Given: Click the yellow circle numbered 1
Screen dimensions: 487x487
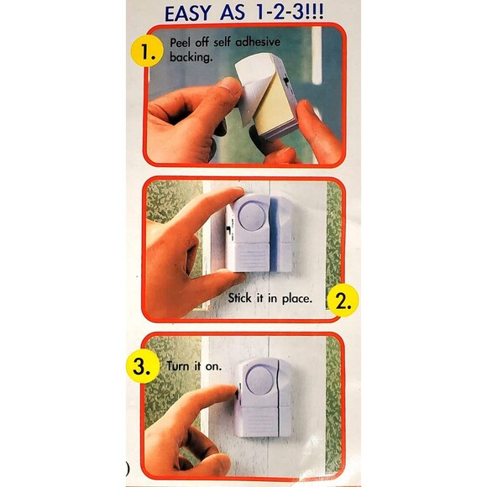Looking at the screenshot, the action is [x=147, y=51].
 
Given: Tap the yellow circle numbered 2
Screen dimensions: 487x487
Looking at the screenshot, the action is [x=343, y=301].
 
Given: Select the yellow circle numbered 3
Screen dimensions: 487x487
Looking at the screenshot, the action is [x=143, y=366].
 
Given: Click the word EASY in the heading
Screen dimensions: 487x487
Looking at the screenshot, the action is [x=187, y=14].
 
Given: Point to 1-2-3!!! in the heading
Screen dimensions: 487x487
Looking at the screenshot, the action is [x=289, y=13].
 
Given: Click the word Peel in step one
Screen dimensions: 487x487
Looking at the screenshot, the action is [x=181, y=43].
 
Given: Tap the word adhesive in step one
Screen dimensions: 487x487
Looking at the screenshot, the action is [x=258, y=42].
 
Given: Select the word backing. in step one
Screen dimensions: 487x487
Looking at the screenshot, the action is [x=191, y=57].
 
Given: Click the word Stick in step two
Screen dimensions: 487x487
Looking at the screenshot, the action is [x=240, y=298].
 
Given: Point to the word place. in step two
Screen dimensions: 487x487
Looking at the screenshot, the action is [x=296, y=299].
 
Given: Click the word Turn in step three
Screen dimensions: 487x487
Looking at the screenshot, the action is [x=178, y=366].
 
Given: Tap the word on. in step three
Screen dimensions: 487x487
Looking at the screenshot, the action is [x=213, y=367].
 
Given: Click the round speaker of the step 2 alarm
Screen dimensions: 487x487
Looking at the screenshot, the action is [x=252, y=216].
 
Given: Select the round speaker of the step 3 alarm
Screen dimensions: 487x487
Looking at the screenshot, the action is [x=259, y=380].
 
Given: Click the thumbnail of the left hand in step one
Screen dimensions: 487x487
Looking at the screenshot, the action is [x=230, y=85].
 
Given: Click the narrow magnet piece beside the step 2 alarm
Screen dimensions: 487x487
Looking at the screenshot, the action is [x=281, y=233].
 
